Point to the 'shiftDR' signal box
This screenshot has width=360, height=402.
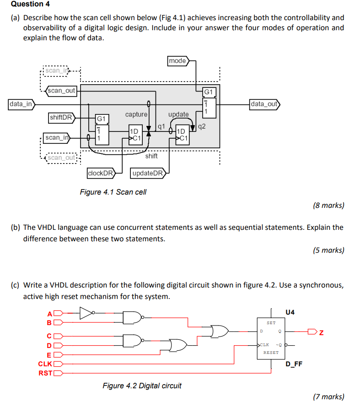coord(62,118)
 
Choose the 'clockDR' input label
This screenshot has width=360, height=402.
coord(100,173)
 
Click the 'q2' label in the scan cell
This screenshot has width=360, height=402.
coord(202,126)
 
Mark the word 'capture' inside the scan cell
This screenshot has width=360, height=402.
coord(136,114)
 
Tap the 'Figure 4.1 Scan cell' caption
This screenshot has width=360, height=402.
coord(113,192)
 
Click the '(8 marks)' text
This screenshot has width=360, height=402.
coord(328,206)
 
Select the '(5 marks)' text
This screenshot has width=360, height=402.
coord(328,250)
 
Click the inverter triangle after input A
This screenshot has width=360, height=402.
coord(86,313)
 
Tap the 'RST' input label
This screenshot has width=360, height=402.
coord(45,372)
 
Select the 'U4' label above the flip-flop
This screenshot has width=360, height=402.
coord(290,312)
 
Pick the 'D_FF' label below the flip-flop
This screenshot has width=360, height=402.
coord(294,364)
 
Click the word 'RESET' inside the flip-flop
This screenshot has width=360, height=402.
coord(271,353)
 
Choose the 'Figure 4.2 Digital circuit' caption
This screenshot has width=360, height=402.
coord(142,386)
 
